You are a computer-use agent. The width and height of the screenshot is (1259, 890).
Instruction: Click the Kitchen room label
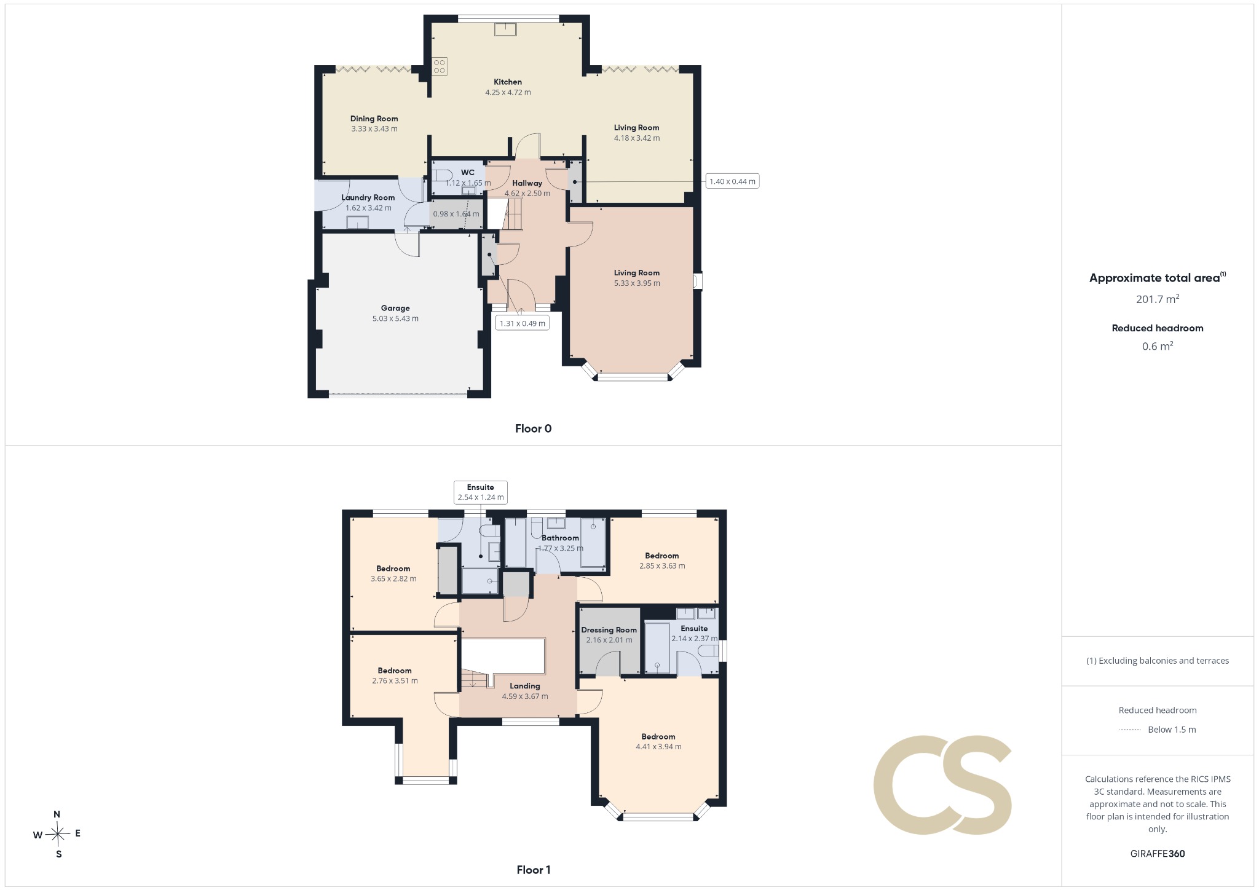tap(508, 82)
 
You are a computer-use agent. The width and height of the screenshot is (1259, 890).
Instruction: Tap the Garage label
tap(395, 308)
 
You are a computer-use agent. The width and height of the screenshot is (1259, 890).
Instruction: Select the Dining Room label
tap(374, 119)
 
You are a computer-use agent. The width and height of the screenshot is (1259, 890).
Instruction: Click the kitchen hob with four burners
tap(439, 66)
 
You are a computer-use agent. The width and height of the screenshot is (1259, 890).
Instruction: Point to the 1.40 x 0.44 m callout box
tap(732, 181)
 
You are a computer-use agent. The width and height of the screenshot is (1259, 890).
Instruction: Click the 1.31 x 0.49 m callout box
tap(523, 323)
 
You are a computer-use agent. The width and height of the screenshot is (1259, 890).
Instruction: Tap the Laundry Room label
tap(368, 197)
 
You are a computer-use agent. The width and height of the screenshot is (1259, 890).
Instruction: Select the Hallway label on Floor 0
tap(527, 183)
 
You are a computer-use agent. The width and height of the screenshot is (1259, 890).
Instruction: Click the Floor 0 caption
tap(534, 429)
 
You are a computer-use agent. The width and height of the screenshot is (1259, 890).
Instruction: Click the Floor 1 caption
tap(534, 870)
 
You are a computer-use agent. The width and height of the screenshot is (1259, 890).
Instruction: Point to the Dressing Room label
tap(609, 629)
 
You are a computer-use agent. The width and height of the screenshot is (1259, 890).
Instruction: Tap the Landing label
tap(525, 686)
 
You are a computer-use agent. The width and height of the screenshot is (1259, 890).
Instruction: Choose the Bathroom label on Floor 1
tap(560, 538)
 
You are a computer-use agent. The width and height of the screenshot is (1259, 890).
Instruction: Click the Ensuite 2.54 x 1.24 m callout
tap(481, 492)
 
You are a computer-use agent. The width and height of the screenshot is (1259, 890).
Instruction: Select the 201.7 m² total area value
tap(1158, 299)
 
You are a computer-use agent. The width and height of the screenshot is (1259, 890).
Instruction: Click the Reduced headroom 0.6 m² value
tap(1158, 346)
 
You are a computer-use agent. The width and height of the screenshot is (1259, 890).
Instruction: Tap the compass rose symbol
tap(58, 834)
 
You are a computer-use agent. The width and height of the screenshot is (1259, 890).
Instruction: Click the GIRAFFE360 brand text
tap(1158, 854)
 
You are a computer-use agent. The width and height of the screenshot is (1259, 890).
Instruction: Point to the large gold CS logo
tap(942, 785)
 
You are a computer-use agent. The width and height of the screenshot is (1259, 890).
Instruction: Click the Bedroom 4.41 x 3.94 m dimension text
tap(658, 747)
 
